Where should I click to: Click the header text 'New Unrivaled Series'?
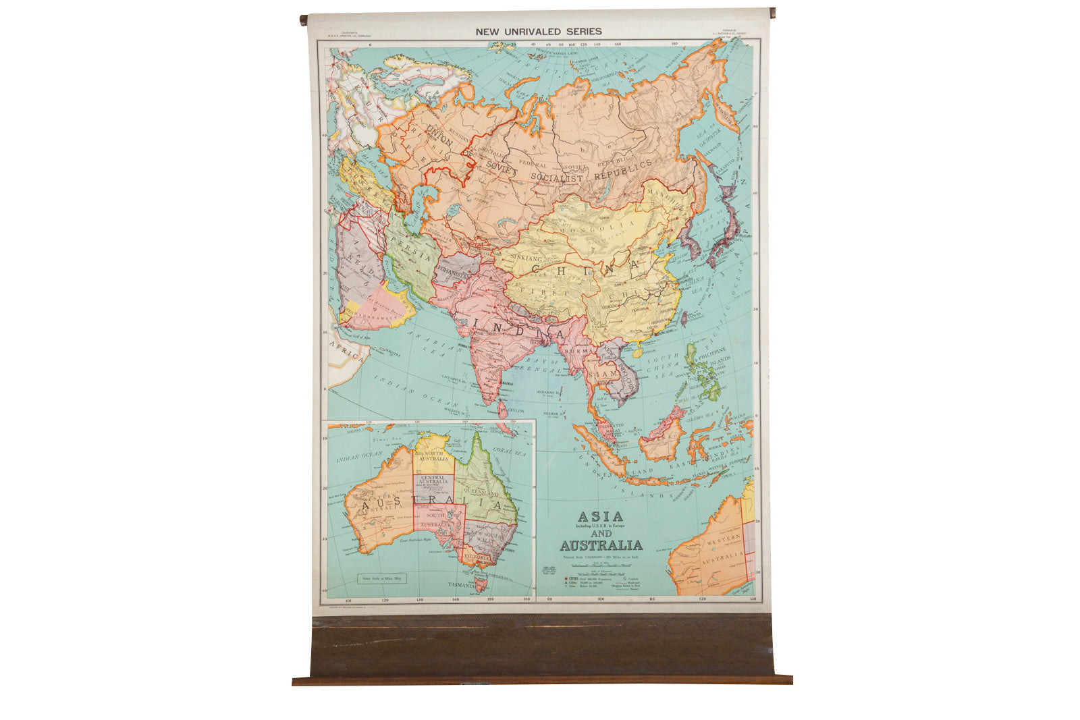pos(538,31)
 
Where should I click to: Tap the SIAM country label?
pos(603,373)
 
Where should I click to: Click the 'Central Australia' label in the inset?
pos(434,480)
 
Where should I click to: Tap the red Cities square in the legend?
pos(548,578)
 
